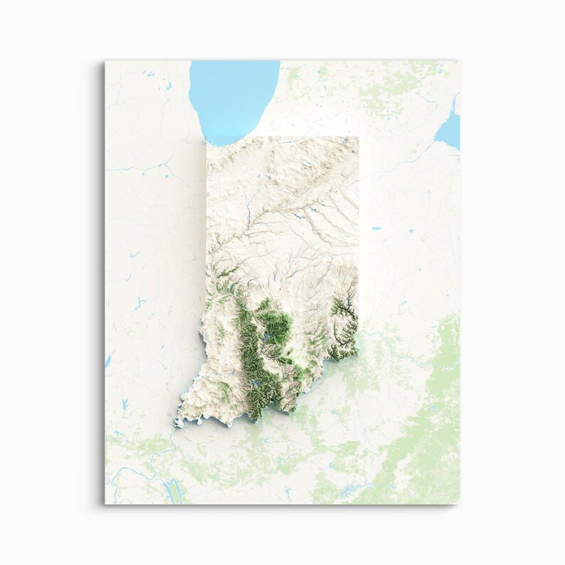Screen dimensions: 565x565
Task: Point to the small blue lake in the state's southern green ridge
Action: [254, 388]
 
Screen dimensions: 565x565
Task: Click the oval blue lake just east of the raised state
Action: [376, 229]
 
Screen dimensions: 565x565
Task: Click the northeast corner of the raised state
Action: [358, 137]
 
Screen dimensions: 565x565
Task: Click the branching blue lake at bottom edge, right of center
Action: [349, 490]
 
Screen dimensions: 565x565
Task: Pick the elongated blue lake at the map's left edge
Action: [108, 361]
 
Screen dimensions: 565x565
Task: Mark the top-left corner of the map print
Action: [105, 61]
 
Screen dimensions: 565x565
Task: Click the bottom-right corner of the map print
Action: [460, 504]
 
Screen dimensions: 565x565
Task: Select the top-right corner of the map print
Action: [460, 61]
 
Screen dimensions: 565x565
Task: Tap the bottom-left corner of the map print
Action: [105, 504]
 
